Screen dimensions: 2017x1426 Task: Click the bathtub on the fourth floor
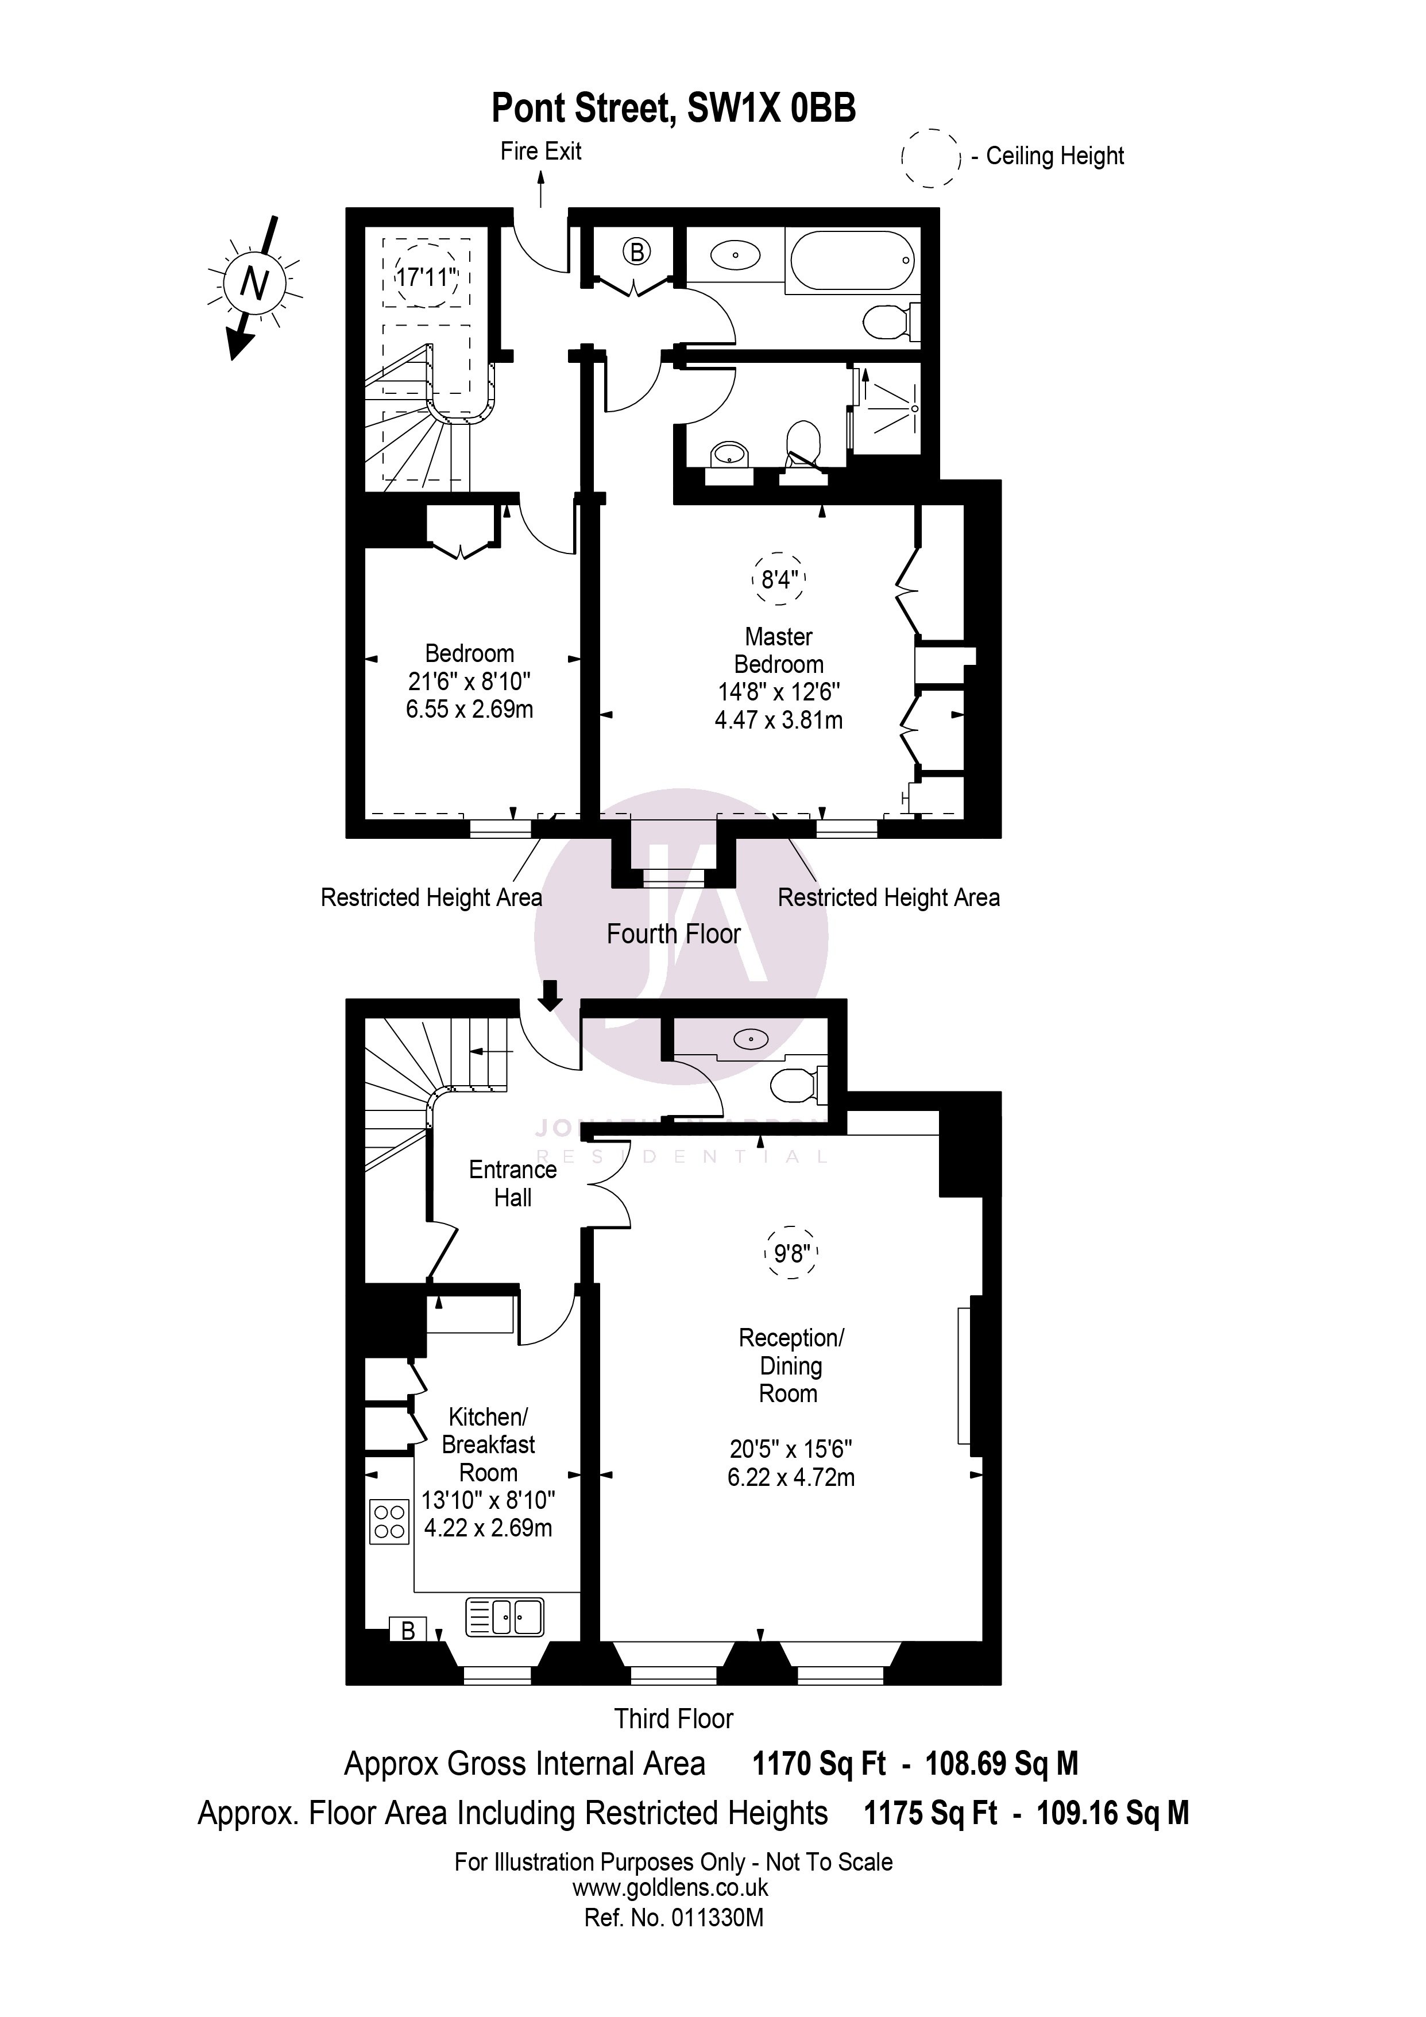[x=852, y=261]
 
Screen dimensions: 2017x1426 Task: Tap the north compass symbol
[x=254, y=284]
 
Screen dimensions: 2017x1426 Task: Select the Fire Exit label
[x=540, y=151]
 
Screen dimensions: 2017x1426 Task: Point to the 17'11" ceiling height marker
[x=427, y=277]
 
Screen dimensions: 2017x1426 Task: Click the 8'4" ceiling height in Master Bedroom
[x=779, y=580]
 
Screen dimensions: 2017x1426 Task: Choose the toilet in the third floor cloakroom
[x=797, y=1086]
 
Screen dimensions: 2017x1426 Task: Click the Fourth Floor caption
[x=673, y=934]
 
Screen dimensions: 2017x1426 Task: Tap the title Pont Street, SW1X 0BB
[x=673, y=109]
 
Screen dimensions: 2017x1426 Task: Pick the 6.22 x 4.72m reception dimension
[x=791, y=1478]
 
